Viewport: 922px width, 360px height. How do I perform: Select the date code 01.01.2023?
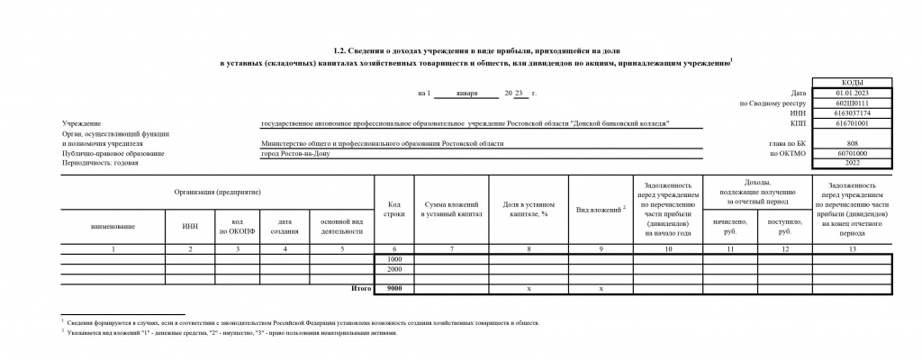pyautogui.click(x=852, y=93)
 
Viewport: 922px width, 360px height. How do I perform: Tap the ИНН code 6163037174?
pyautogui.click(x=852, y=113)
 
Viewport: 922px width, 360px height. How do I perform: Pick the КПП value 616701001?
pyautogui.click(x=852, y=123)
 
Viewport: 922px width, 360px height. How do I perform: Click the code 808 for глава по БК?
pyautogui.click(x=852, y=144)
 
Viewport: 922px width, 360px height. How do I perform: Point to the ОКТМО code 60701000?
pyautogui.click(x=852, y=154)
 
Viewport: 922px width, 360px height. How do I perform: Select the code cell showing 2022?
pyautogui.click(x=852, y=164)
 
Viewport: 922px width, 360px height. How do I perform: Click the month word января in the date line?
pyautogui.click(x=467, y=93)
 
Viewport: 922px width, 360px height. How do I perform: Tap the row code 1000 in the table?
pyautogui.click(x=393, y=259)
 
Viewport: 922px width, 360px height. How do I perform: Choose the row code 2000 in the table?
pyautogui.click(x=393, y=269)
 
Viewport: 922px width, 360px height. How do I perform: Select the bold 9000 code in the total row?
pyautogui.click(x=393, y=289)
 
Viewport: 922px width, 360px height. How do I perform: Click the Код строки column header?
pyautogui.click(x=393, y=210)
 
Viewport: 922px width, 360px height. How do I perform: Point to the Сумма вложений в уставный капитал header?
pyautogui.click(x=451, y=210)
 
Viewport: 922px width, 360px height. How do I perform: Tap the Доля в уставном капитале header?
pyautogui.click(x=528, y=210)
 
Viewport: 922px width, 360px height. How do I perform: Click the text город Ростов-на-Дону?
pyautogui.click(x=296, y=154)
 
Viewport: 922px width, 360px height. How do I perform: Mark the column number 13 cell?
pyautogui.click(x=852, y=248)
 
